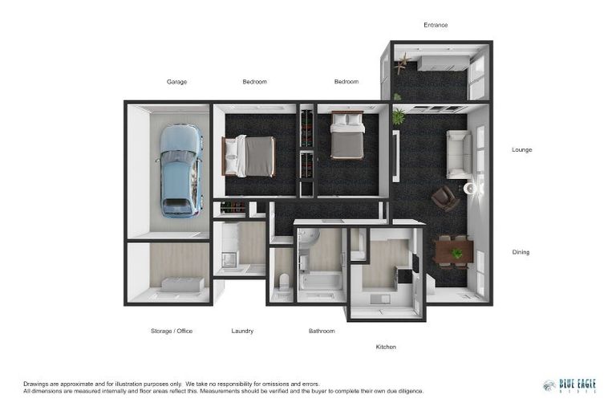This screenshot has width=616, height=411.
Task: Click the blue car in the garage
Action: pyautogui.click(x=180, y=170)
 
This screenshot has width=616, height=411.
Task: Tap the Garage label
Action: pyautogui.click(x=176, y=82)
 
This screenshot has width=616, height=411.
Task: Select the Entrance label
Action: pyautogui.click(x=436, y=25)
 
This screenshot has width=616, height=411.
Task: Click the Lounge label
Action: pyautogui.click(x=522, y=149)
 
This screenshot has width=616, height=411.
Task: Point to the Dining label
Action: pyautogui.click(x=521, y=252)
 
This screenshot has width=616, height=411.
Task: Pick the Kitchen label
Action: pyautogui.click(x=386, y=347)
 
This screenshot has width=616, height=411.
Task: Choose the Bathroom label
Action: pyautogui.click(x=322, y=331)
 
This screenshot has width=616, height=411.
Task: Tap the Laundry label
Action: pyautogui.click(x=242, y=331)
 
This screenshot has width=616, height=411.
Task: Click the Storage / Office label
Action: pyautogui.click(x=172, y=331)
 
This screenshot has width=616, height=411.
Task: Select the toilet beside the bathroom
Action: pyautogui.click(x=282, y=283)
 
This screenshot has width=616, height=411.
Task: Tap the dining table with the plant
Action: pyautogui.click(x=454, y=252)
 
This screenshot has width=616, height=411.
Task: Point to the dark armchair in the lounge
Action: pyautogui.click(x=444, y=198)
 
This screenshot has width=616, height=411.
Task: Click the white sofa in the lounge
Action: pyautogui.click(x=459, y=153)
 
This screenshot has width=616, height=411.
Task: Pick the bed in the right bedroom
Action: pyautogui.click(x=347, y=135)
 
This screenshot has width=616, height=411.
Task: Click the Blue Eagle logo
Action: pyautogui.click(x=569, y=385)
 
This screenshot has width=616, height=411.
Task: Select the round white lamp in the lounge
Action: pyautogui.click(x=471, y=189)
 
